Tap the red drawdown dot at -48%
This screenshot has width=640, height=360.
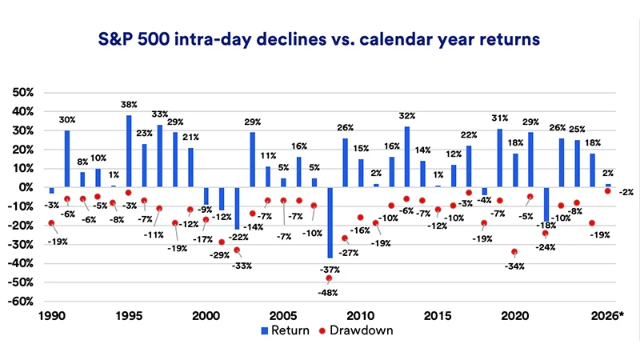click(329, 278)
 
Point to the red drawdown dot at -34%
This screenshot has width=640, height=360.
click(514, 251)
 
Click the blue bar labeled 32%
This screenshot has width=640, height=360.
click(406, 157)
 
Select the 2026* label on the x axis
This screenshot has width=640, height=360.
click(609, 317)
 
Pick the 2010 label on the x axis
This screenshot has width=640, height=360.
click(360, 317)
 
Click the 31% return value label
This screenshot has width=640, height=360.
click(501, 120)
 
